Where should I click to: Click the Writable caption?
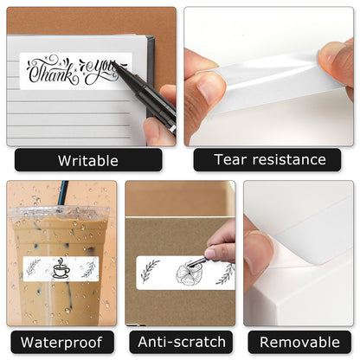coord(88,160)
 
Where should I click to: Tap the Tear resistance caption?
coord(270,159)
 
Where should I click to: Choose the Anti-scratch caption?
coord(181,341)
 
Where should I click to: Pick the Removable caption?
coord(299,341)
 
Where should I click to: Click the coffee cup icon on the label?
coord(61,268)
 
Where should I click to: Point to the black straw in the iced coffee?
coord(62,194)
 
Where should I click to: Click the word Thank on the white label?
coord(52,69)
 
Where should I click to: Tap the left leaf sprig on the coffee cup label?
coord(34,267)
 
